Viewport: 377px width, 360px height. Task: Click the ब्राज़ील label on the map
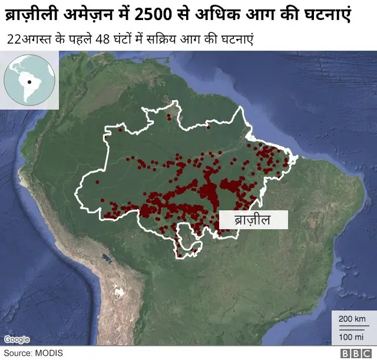pos(253,220)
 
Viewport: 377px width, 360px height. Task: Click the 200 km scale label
pos(352,319)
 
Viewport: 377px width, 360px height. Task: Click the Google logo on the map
pos(16,339)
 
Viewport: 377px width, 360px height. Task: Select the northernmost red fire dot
pos(168,117)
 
